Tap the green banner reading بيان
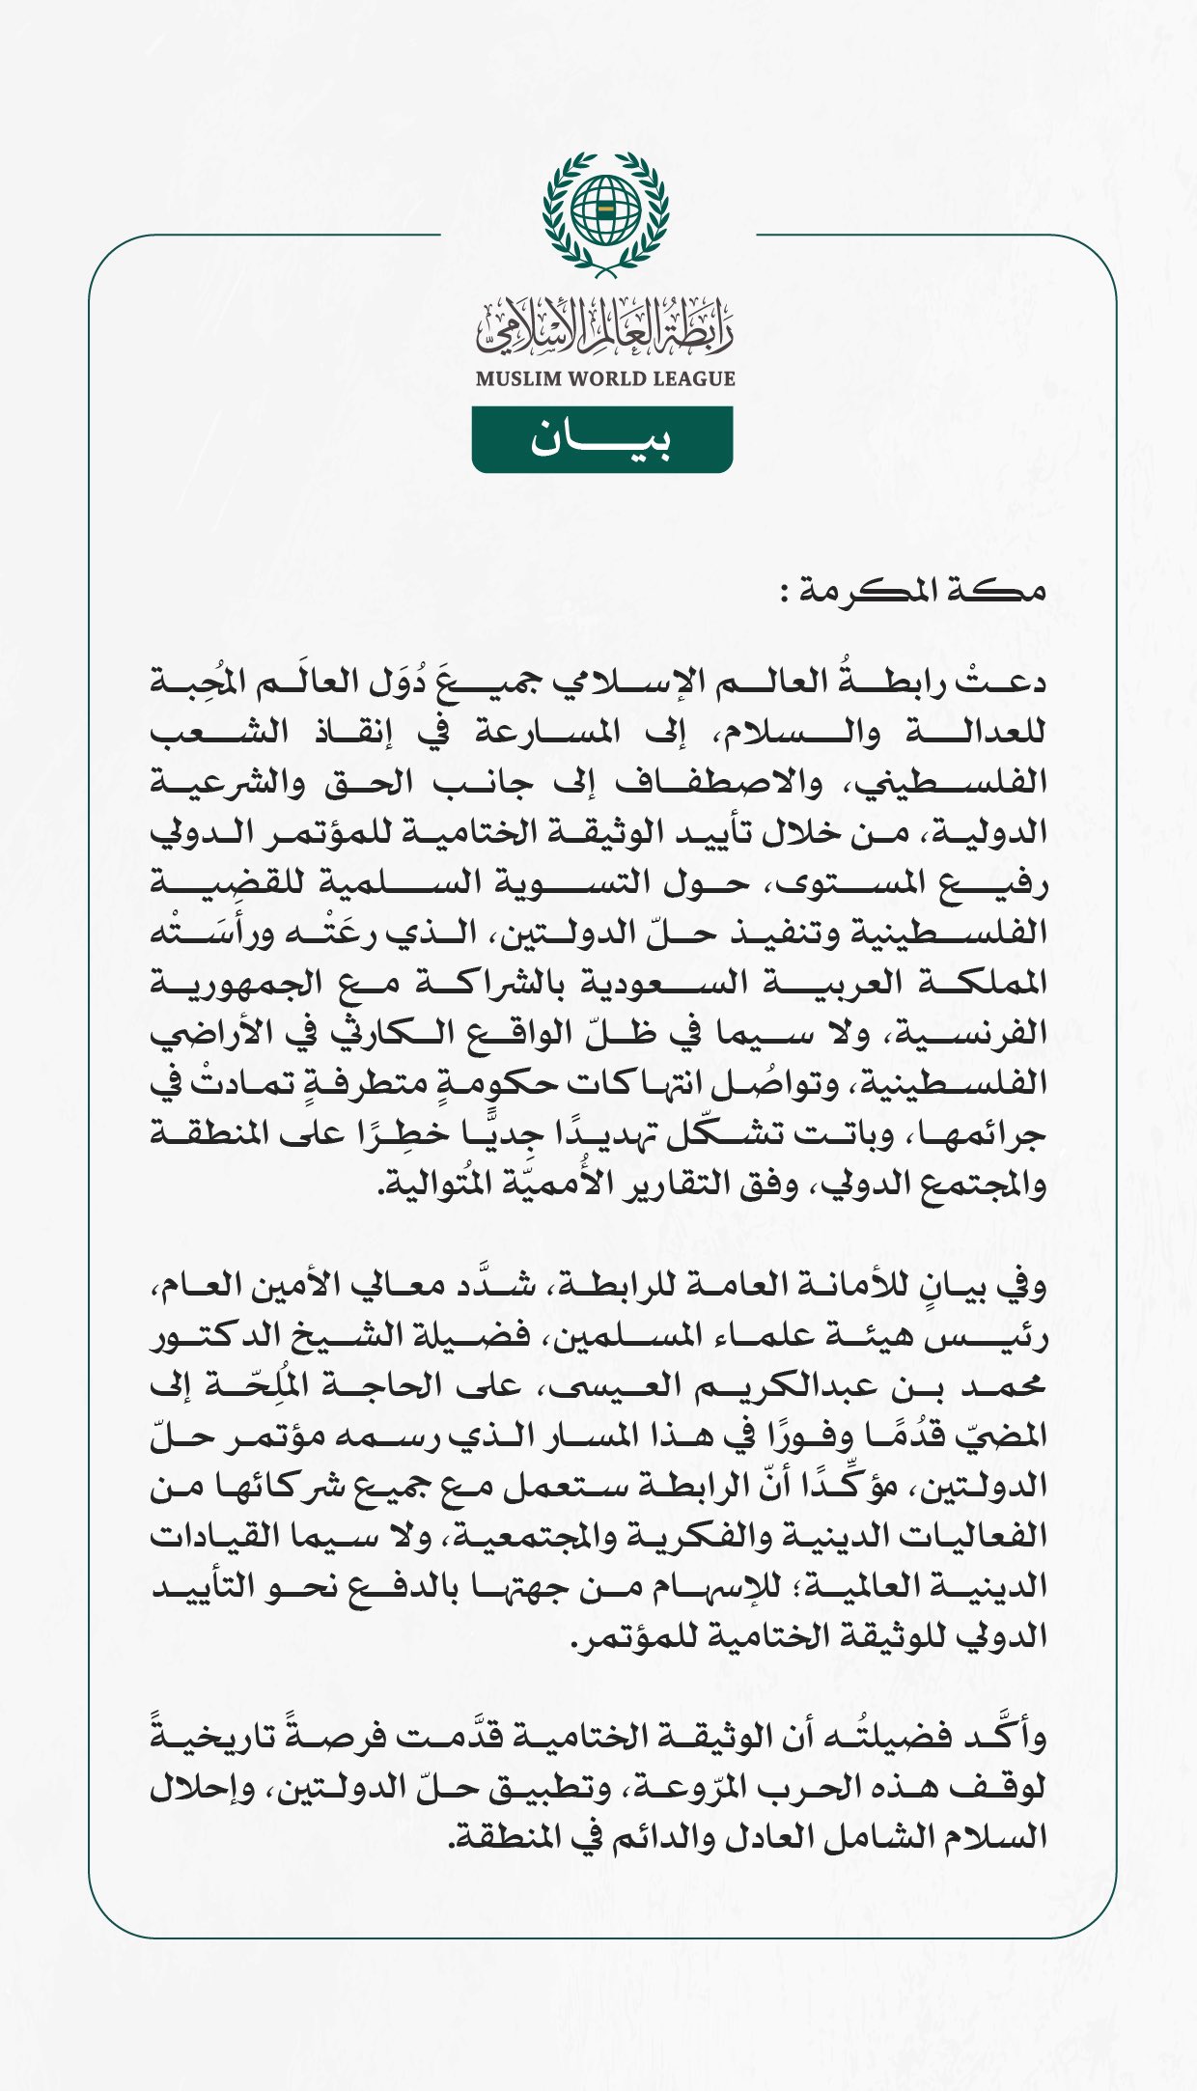click(x=601, y=440)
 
